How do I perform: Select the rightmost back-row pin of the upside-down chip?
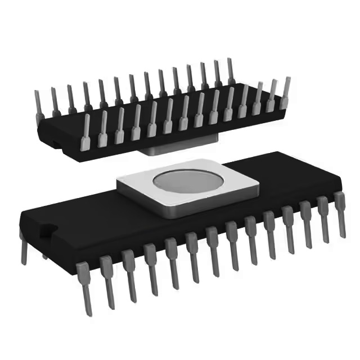pos(231,70)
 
